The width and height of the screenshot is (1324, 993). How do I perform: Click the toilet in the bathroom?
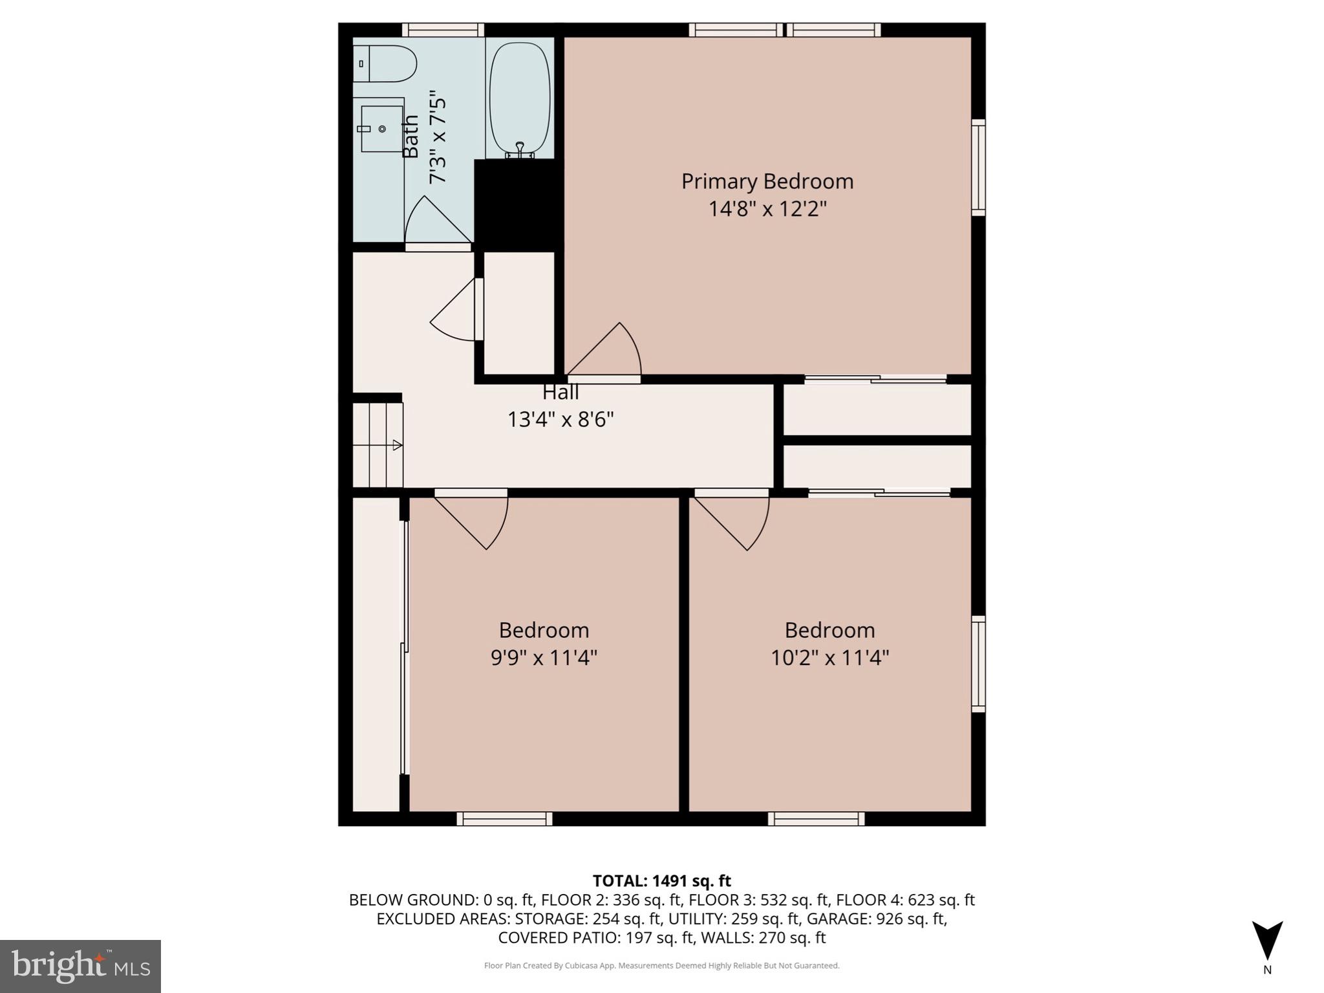click(387, 63)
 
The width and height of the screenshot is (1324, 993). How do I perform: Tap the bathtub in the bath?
click(520, 98)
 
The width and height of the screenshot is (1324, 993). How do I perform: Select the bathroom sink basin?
click(381, 129)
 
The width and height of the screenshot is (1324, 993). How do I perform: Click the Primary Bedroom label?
click(767, 181)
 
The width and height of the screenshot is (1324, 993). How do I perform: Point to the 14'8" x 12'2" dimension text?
click(767, 209)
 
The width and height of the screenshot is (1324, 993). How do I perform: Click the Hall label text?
click(561, 392)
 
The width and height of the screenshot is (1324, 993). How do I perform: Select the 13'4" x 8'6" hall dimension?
click(561, 420)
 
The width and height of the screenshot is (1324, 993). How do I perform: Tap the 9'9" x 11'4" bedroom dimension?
click(544, 658)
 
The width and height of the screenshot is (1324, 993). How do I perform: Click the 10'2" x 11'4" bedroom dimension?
click(829, 658)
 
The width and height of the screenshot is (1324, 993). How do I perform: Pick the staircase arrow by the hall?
click(397, 445)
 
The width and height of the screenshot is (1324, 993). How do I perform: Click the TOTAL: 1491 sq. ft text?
click(661, 881)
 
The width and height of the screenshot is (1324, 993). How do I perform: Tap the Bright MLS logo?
click(80, 966)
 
